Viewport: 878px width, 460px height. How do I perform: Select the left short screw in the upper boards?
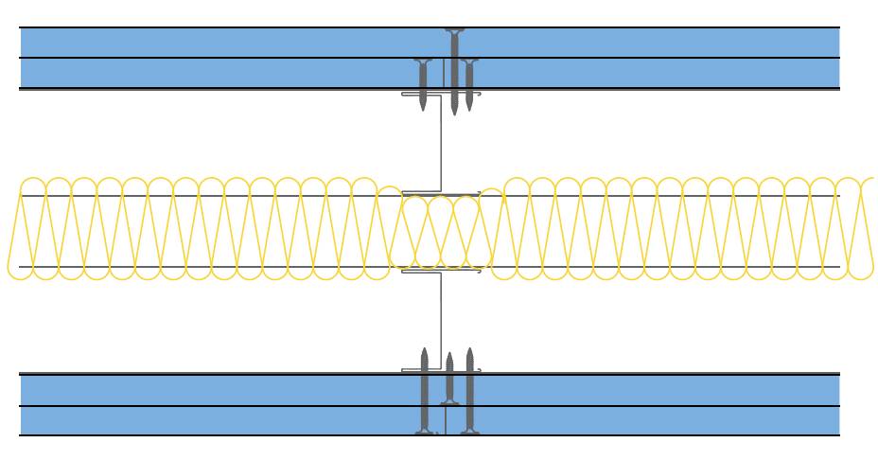pos(422,83)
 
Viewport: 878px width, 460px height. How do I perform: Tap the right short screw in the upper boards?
pos(470,83)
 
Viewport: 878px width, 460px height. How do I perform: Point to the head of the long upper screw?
pos(454,31)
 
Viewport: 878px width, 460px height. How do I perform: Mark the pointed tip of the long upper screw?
pos(454,113)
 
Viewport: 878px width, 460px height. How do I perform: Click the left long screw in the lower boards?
pos(425,393)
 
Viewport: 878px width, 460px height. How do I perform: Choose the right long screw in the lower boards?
pos(468,393)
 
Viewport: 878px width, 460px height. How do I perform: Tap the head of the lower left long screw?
pos(425,432)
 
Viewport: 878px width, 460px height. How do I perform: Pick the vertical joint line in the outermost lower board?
pos(444,421)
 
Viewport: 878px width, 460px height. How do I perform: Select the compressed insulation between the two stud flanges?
pos(440,232)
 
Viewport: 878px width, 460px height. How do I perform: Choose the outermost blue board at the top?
pos(237,43)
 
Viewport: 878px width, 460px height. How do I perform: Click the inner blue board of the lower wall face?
pos(237,389)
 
